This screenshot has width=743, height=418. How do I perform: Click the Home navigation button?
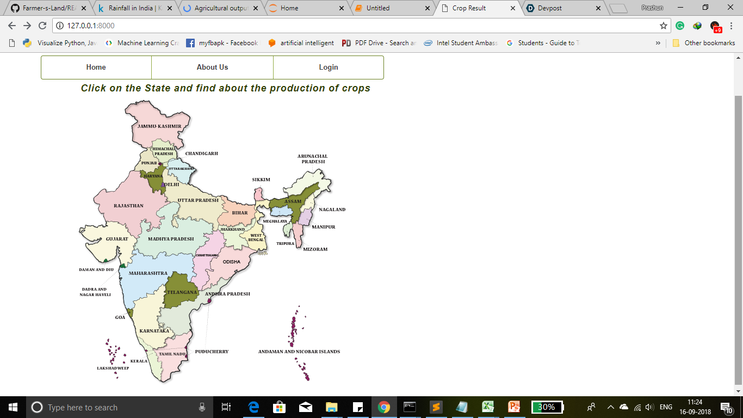coord(96,67)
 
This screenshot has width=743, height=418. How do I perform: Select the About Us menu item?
coord(212,67)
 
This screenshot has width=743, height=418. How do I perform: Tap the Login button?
coord(329,67)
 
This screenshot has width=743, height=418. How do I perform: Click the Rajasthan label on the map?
coord(128,206)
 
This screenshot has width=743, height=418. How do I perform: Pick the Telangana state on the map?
coord(182,292)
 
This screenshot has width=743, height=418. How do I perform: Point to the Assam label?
coord(293,201)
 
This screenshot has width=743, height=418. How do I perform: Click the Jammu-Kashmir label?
coord(159,126)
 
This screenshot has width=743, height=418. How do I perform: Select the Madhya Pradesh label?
coord(171,239)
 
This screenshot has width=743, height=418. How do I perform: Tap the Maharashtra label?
coord(148,273)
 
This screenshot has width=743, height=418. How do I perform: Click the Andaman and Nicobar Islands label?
coord(299,352)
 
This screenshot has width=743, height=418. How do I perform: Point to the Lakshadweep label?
coord(113,368)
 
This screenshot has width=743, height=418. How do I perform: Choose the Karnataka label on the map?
coord(154,331)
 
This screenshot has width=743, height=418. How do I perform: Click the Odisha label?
coord(232,262)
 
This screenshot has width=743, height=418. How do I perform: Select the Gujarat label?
coord(117,239)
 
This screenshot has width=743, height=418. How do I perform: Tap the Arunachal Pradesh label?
coord(313,159)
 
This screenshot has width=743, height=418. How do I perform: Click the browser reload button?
coord(42,26)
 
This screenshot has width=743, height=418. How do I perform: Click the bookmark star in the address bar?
coord(663,26)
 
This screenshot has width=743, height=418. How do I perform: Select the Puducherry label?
coord(212,352)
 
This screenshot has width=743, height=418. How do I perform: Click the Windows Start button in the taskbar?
coord(13,407)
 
